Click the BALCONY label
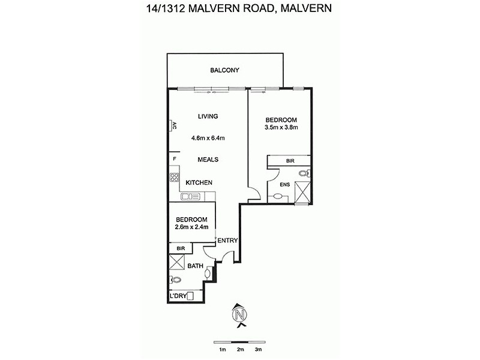224,71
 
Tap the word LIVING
208,116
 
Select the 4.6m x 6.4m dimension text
208,139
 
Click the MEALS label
208,160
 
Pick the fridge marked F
174,159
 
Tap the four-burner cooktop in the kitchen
175,177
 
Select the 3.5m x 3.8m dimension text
281,127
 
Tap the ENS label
284,184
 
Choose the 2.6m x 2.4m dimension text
191,227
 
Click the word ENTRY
228,241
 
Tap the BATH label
194,265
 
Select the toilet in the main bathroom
175,279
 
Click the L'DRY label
178,296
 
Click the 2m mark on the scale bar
240,349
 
